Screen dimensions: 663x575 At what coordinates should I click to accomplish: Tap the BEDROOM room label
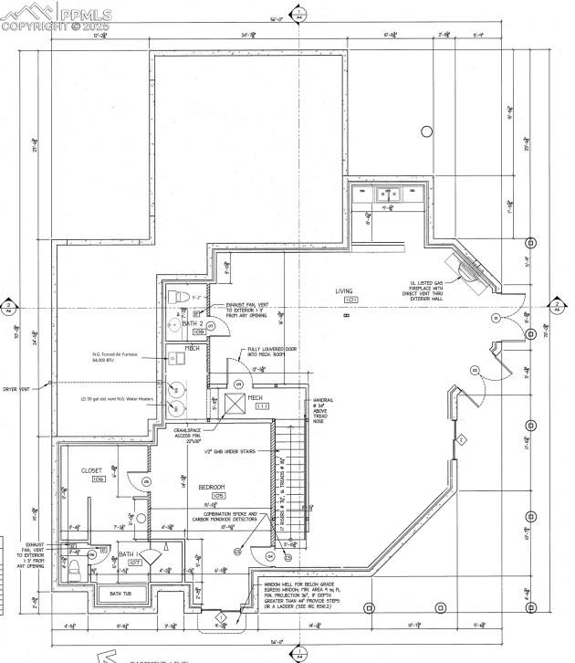[x=212, y=487]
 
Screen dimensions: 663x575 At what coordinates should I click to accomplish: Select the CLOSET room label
[x=92, y=471]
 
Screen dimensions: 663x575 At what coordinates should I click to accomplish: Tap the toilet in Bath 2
[x=178, y=298]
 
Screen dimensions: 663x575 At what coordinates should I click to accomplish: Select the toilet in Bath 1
[x=75, y=568]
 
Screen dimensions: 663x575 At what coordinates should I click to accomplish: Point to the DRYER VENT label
[x=16, y=389]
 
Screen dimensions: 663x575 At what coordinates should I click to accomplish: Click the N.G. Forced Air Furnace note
[x=114, y=357]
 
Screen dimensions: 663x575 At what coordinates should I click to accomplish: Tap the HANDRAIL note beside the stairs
[x=325, y=410]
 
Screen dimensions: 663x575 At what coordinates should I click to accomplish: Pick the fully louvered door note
[x=267, y=352]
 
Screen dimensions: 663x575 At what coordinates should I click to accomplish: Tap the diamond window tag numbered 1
[x=220, y=618]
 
